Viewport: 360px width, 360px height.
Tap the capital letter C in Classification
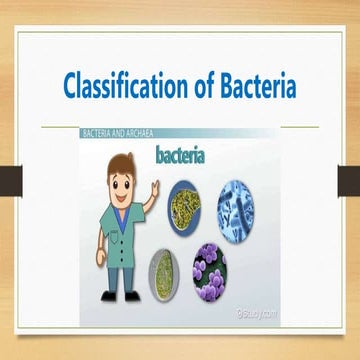[x=71, y=87]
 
